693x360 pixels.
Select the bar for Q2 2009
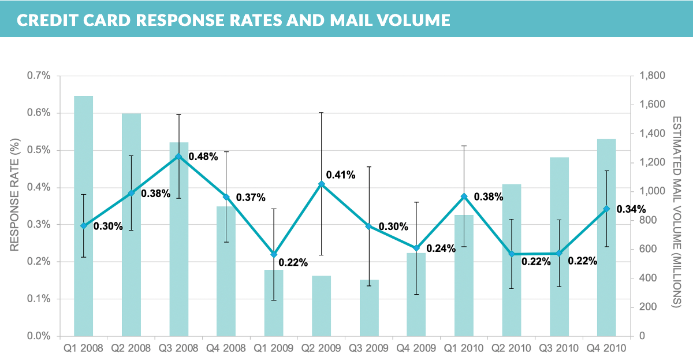322,306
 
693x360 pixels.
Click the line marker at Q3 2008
178,157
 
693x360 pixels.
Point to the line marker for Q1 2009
274,254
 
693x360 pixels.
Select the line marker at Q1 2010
464,197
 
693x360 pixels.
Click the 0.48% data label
203,157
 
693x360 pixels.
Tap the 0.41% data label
341,175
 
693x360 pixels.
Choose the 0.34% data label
631,209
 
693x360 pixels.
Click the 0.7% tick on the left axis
39,76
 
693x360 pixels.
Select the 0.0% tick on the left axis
39,336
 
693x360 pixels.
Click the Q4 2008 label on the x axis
226,348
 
